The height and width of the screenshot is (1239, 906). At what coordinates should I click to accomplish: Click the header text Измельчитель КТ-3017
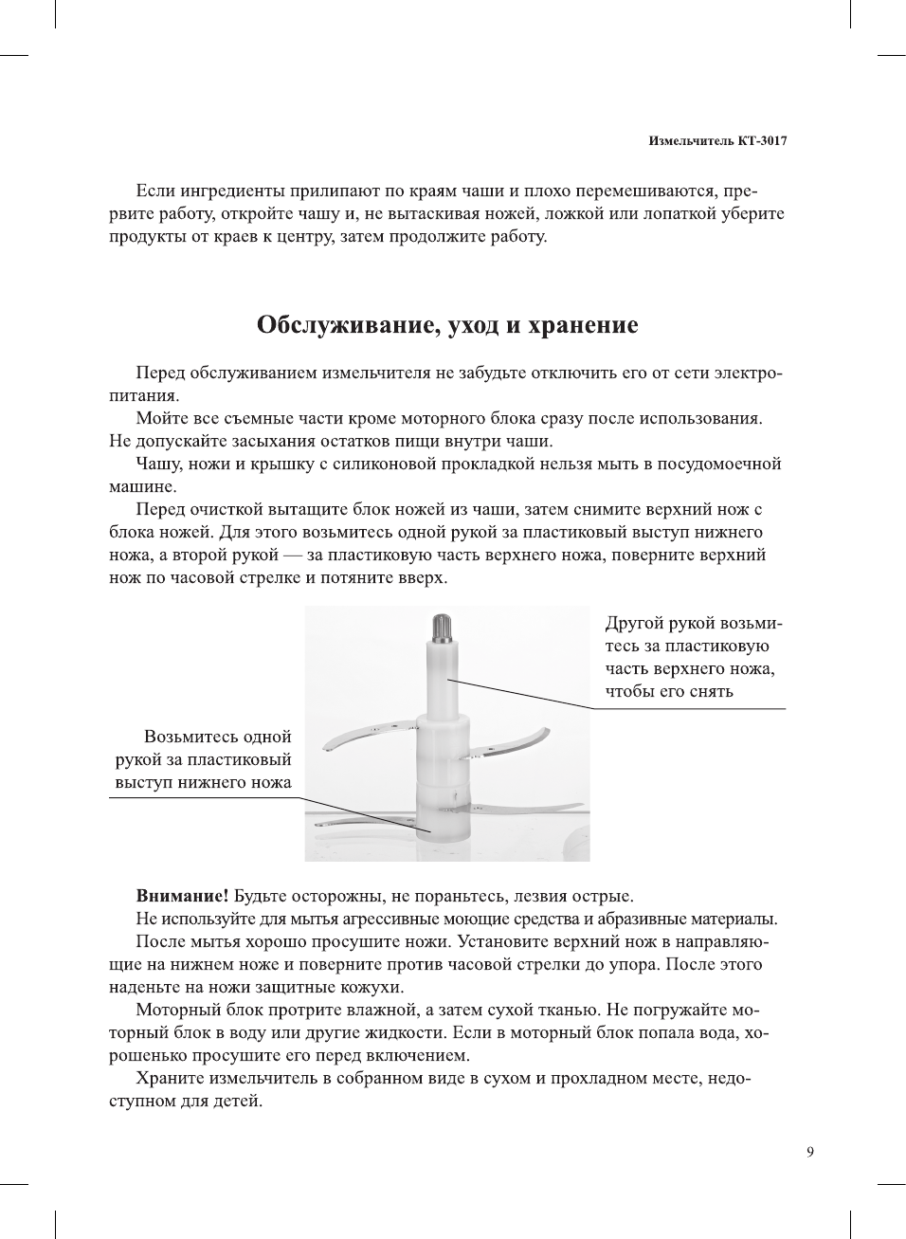[x=717, y=141]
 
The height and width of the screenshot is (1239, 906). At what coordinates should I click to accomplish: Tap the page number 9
[x=809, y=1152]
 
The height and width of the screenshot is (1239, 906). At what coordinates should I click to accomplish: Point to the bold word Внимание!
[x=182, y=896]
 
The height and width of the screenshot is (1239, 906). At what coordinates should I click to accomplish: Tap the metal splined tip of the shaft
[x=444, y=626]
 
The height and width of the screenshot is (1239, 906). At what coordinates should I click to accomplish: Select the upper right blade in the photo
[x=512, y=745]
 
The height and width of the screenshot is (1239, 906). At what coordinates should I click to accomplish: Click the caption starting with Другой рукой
[x=693, y=657]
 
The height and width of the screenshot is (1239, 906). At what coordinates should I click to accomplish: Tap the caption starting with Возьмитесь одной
[x=203, y=759]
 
